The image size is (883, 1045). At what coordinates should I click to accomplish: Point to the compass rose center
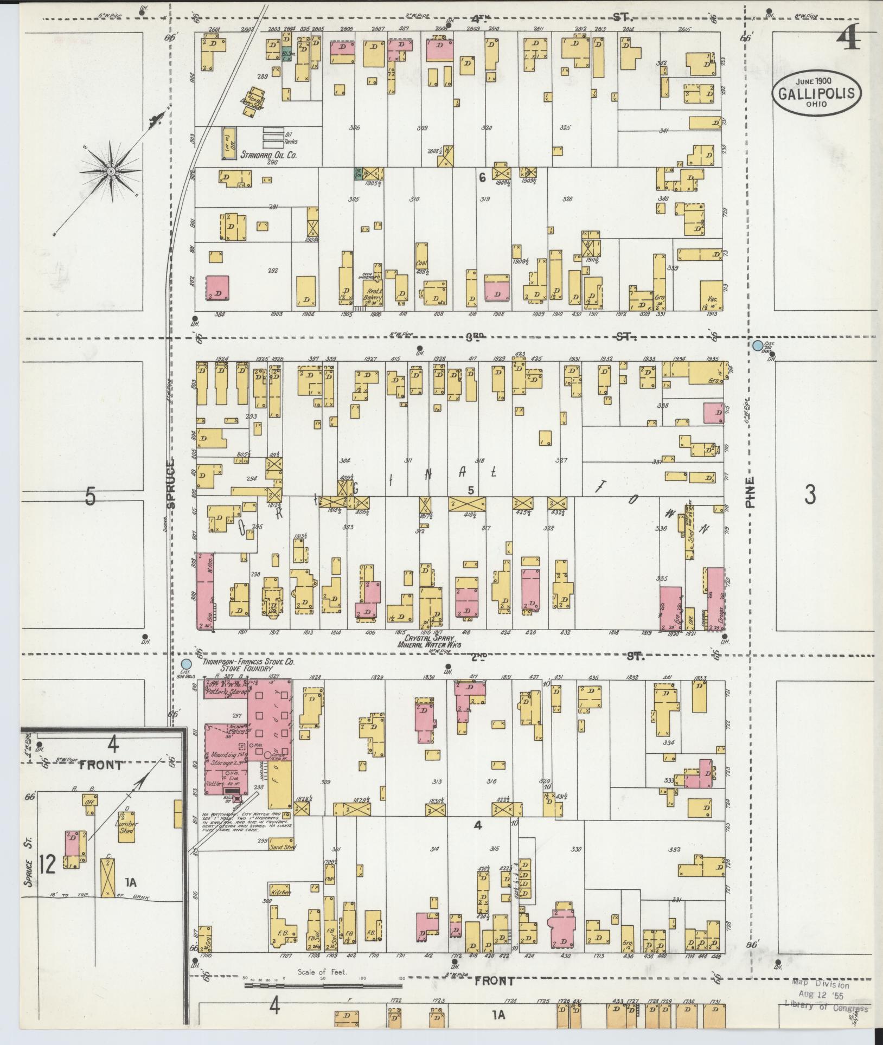[111, 171]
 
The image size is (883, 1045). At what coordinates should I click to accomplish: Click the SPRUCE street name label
[171, 483]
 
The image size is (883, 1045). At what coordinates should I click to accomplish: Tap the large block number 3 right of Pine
[810, 495]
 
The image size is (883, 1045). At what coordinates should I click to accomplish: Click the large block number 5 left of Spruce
[91, 496]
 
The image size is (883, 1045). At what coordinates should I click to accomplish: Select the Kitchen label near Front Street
[281, 892]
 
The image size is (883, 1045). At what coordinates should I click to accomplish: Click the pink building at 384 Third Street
[217, 288]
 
